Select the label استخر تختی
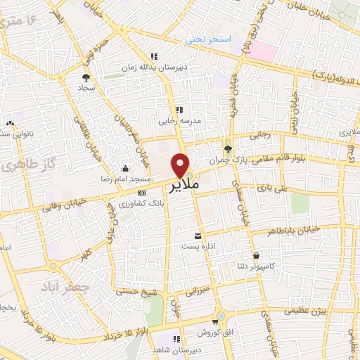(208, 39)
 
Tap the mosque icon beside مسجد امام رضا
(125, 168)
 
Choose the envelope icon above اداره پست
(198, 236)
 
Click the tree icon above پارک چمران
(227, 148)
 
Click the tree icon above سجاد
(86, 77)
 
